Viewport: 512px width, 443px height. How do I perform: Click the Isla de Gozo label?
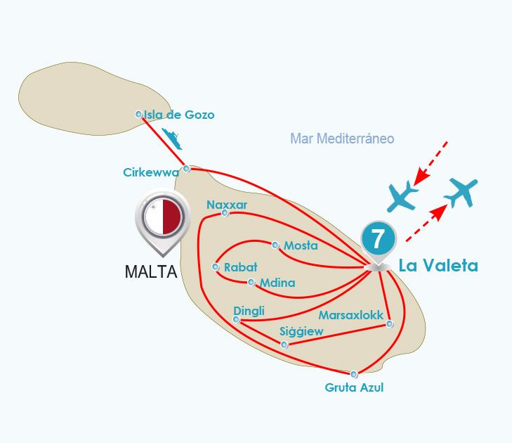(x=179, y=115)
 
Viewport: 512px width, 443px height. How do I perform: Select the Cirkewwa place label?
(x=150, y=172)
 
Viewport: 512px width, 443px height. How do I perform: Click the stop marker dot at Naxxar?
(x=225, y=212)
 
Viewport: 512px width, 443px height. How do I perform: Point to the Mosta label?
(x=301, y=246)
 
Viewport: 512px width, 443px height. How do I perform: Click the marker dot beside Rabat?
(x=216, y=267)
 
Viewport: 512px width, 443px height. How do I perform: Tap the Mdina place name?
(x=277, y=283)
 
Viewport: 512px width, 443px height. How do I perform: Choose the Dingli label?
(x=249, y=311)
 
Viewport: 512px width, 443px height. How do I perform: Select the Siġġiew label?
(x=301, y=331)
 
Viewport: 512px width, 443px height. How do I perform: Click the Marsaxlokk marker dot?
(x=390, y=324)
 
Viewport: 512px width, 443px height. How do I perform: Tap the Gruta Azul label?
(x=354, y=387)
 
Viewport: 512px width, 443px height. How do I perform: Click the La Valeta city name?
(x=438, y=266)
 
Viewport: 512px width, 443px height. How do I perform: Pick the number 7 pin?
(x=378, y=240)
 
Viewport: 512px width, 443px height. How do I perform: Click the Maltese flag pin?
(x=163, y=218)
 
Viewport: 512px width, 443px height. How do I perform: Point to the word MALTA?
(x=151, y=271)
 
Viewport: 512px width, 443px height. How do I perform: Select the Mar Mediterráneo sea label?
(x=342, y=139)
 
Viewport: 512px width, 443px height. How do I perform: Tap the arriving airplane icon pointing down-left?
(x=403, y=195)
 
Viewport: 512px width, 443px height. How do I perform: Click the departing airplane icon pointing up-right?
(x=461, y=191)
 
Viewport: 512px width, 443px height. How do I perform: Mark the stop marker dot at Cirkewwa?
(x=186, y=168)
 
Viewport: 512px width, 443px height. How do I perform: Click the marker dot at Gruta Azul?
(x=354, y=374)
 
